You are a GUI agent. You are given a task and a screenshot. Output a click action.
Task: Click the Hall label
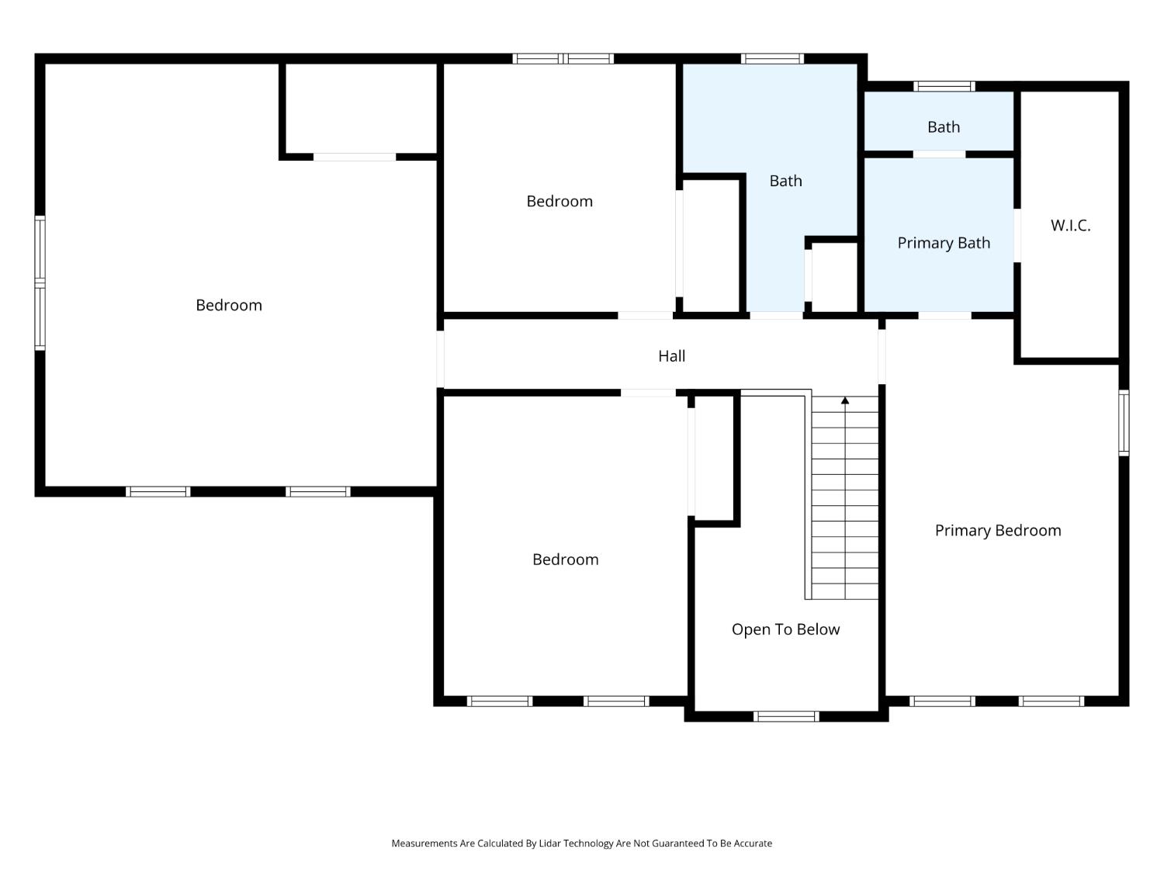(671, 355)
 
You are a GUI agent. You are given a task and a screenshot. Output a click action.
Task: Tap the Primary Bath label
(944, 243)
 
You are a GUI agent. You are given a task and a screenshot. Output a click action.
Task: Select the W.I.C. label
(1070, 225)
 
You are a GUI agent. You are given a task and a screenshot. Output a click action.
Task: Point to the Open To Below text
(785, 629)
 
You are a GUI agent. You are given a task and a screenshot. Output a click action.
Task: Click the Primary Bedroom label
(997, 530)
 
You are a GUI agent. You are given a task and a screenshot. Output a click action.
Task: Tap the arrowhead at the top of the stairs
(845, 400)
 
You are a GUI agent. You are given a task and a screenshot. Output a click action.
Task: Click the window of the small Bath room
(944, 86)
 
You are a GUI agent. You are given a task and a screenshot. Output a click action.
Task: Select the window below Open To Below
(786, 716)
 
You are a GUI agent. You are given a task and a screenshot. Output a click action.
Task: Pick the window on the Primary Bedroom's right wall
(1124, 422)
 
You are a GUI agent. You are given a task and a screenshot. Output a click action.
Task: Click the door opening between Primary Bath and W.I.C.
(1017, 235)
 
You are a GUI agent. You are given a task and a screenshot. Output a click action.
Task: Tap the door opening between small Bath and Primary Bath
(939, 154)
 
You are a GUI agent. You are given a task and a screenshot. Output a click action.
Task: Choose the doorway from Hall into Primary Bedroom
(882, 356)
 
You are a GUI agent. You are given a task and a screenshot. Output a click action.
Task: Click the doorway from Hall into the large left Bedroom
(440, 359)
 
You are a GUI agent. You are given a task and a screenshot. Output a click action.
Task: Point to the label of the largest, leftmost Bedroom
(229, 305)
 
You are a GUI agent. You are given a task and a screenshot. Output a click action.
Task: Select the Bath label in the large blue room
(785, 181)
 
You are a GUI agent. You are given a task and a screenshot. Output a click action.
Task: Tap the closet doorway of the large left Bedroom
(354, 157)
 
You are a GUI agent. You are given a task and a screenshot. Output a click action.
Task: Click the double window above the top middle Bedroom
(563, 58)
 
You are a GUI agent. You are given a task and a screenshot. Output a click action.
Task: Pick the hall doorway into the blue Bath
(776, 315)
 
